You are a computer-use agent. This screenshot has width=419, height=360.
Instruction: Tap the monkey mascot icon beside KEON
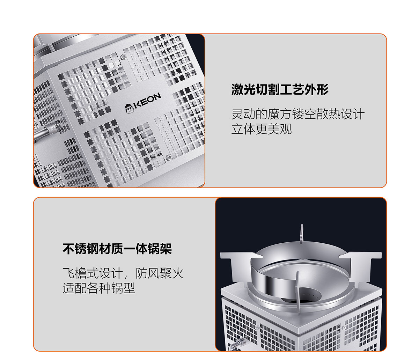click(129, 109)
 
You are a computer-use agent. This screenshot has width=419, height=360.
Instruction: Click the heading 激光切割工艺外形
click(280, 89)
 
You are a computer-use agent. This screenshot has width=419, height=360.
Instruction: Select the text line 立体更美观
click(262, 129)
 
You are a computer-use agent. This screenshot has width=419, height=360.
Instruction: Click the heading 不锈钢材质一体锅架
click(117, 249)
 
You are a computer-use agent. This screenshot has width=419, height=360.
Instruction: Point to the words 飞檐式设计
click(93, 273)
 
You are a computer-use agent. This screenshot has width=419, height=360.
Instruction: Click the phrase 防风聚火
click(160, 273)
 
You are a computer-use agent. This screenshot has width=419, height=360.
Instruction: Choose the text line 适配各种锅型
click(99, 288)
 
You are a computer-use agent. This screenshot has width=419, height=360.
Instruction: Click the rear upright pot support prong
click(302, 233)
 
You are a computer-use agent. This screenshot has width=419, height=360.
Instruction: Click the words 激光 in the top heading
click(243, 89)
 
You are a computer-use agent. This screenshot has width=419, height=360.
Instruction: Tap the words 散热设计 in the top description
click(340, 114)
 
